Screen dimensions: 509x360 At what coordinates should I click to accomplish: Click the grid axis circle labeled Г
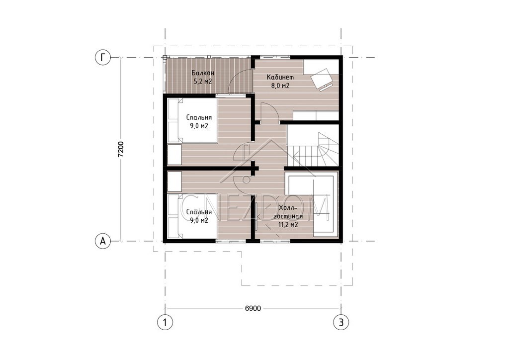pos(103,58)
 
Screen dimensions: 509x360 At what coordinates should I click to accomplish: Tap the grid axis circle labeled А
pos(103,241)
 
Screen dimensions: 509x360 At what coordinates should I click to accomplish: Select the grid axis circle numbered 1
pos(165,322)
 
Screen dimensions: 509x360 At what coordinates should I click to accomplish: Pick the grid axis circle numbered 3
pos(341,322)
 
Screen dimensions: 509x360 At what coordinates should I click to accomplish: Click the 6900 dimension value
pos(253,308)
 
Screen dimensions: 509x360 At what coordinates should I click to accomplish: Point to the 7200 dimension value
pos(121,149)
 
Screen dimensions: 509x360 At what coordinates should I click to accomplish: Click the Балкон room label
pos(203,73)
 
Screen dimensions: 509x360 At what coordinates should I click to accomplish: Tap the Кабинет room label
pos(280,77)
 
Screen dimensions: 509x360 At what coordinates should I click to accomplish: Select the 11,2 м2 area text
pos(288,224)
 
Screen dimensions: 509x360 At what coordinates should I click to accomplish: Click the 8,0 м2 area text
pos(280,86)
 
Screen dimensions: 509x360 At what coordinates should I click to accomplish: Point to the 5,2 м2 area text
pos(203,81)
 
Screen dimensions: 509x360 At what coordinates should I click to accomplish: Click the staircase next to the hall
pos(313,146)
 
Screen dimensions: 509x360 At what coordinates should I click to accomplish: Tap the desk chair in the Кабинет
pos(322,80)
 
